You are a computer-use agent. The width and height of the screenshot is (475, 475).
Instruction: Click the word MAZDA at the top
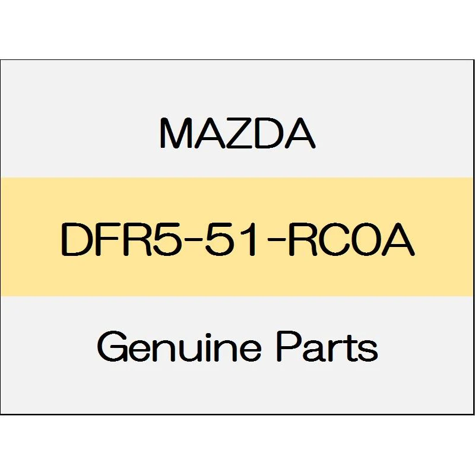pos(237,133)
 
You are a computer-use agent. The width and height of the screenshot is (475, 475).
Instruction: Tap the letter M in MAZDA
pos(175,133)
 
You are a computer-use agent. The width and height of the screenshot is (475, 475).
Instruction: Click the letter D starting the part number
pos(75,239)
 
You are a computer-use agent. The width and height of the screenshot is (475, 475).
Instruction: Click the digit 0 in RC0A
pos(365,239)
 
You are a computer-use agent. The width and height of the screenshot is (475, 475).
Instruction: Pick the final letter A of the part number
pos(397,239)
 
